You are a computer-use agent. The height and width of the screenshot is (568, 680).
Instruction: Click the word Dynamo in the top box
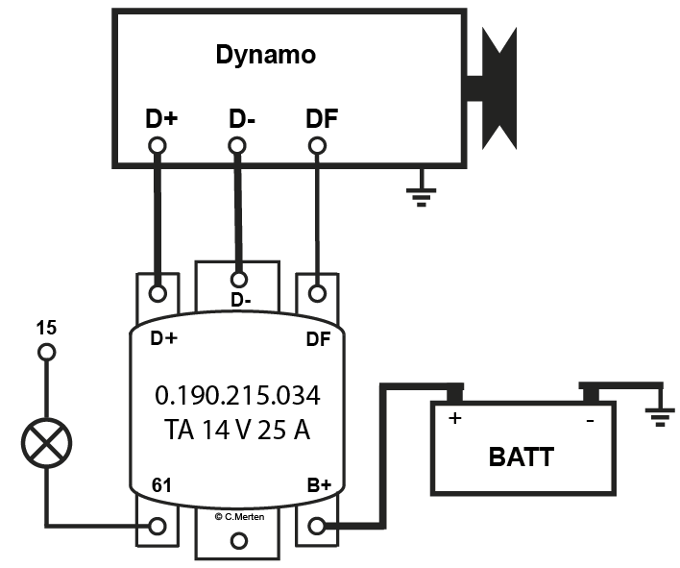(265, 55)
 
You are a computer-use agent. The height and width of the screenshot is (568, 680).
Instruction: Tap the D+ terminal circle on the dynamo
(158, 146)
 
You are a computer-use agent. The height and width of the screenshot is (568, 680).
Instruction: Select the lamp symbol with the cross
(45, 444)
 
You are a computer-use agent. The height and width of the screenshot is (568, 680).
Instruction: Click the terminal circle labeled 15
(45, 353)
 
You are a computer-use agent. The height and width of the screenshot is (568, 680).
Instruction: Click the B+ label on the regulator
(317, 486)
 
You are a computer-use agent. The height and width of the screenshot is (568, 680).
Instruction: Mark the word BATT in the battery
(521, 457)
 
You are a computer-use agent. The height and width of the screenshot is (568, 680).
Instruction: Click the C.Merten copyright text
(240, 516)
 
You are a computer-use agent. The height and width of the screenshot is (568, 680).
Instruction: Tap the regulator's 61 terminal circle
(158, 526)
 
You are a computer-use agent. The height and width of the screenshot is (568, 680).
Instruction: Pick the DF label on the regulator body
(317, 338)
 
